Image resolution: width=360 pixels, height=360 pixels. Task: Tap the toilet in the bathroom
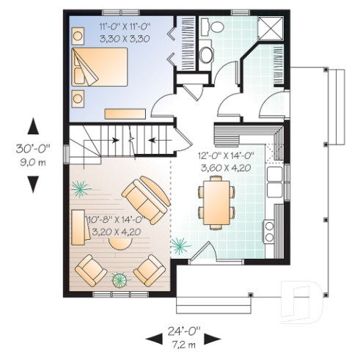click(218, 25)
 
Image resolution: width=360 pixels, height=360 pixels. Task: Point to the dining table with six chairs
click(217, 201)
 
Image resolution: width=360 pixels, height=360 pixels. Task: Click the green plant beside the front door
click(178, 244)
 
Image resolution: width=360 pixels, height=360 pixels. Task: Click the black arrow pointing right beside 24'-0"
click(212, 338)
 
